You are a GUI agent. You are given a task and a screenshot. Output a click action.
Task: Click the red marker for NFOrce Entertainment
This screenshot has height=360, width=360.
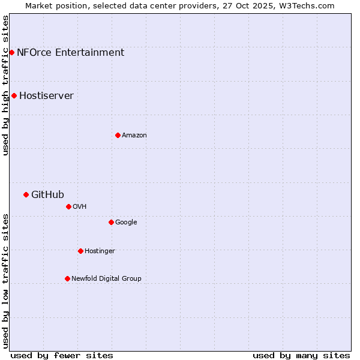11,52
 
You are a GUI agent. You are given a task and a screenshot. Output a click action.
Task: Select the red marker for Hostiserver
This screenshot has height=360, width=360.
14,95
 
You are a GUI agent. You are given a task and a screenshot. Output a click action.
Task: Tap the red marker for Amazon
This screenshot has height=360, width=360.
118,135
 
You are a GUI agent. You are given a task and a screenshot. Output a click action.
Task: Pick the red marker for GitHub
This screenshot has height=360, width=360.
26,194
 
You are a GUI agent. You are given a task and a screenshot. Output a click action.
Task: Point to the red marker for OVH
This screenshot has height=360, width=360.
68,206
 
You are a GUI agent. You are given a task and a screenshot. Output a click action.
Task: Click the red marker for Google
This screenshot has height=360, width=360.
111,222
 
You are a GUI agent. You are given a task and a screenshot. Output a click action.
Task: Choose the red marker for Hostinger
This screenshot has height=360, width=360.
80,251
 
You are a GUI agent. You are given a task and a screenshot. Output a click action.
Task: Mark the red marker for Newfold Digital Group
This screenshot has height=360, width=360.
67,278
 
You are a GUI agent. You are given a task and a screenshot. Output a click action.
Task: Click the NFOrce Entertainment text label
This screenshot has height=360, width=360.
70,52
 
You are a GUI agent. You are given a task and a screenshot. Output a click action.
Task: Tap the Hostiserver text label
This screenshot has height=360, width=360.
46,95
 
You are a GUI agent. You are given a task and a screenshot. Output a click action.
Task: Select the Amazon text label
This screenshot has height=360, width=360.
134,135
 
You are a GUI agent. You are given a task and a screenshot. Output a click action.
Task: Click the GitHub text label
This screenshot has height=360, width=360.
47,194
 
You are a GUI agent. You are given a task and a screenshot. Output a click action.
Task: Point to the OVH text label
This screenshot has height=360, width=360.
79,206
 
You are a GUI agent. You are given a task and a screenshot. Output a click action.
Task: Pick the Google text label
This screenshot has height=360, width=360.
126,222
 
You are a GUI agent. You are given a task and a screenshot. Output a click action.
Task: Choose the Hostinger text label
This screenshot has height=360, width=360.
100,251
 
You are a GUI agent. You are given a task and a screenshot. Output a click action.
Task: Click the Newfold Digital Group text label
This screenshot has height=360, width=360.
106,278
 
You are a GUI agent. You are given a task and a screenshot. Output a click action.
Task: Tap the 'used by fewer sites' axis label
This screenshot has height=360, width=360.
62,355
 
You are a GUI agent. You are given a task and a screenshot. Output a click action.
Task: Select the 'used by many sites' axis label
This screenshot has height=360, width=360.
301,355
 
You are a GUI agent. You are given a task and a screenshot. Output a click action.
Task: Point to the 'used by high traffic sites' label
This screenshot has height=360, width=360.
5,85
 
